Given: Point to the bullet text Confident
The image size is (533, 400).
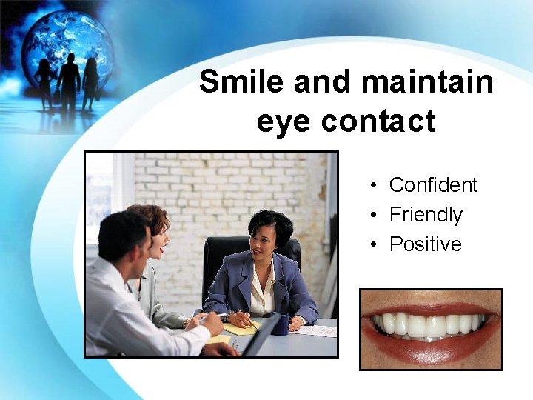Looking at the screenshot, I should pos(433,184).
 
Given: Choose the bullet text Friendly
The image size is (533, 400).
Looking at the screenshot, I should pos(426,215).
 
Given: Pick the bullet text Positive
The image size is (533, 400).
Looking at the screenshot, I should pos(425,244).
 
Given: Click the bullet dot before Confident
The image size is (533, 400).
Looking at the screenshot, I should pos(376,185).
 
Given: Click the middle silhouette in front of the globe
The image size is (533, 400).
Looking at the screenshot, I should pos(69,81).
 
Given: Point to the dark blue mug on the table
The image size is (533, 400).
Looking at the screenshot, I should pos(281,324).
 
